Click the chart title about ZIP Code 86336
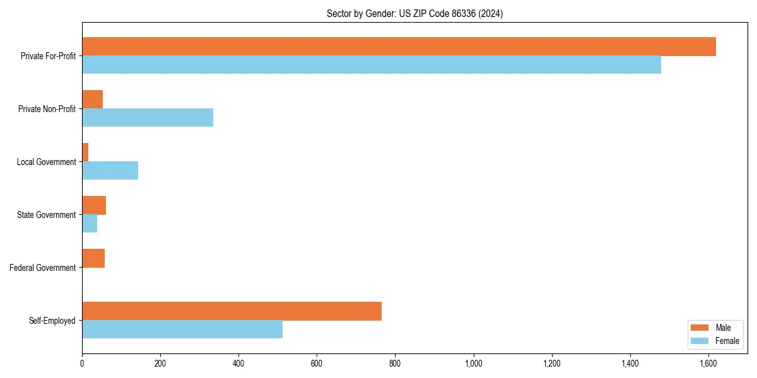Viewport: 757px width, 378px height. [414, 13]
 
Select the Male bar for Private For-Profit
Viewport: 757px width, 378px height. [399, 47]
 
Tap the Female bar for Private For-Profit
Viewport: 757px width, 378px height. [372, 65]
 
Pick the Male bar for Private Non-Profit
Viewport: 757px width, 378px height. [92, 100]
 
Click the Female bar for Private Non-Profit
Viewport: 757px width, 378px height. [148, 118]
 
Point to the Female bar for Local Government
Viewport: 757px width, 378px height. [110, 171]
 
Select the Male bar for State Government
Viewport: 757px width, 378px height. [94, 205]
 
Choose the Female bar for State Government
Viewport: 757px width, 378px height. [90, 224]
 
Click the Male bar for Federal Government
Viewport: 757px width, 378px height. [93, 258]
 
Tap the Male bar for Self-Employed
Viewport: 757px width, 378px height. [232, 311]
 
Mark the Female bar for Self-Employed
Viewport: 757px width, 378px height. [182, 329]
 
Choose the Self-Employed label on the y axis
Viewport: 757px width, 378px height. [52, 321]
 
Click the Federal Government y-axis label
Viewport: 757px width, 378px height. [43, 268]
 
